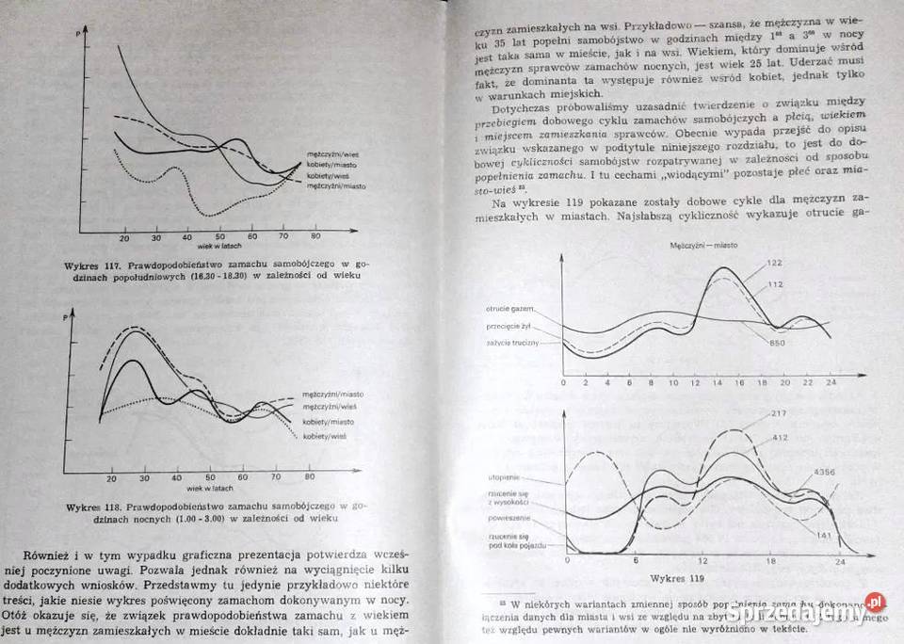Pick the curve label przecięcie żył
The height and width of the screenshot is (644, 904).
point(512,327)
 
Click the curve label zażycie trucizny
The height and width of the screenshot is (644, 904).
point(512,343)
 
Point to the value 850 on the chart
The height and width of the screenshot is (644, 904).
point(778,342)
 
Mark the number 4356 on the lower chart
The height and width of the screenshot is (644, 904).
point(824,472)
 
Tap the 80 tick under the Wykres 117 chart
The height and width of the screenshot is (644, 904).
point(315,236)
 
